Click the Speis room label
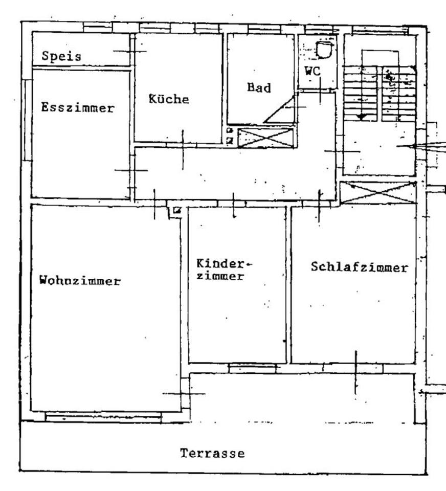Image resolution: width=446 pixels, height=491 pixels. coord(61,56)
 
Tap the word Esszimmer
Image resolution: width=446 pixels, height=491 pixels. coord(78,108)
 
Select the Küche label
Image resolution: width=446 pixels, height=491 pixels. coord(169,99)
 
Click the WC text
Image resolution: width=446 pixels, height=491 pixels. coord(313,72)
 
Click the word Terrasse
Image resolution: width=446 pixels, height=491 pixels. coord(212,453)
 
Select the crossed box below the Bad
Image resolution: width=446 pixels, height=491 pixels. coord(266,138)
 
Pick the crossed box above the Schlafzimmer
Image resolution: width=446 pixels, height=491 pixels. coord(378,192)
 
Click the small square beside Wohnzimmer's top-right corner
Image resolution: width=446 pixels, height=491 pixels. coord(176,210)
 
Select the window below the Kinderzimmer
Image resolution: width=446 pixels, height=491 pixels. coord(252,368)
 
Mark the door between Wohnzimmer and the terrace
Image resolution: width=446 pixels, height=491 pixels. coord(184,393)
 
